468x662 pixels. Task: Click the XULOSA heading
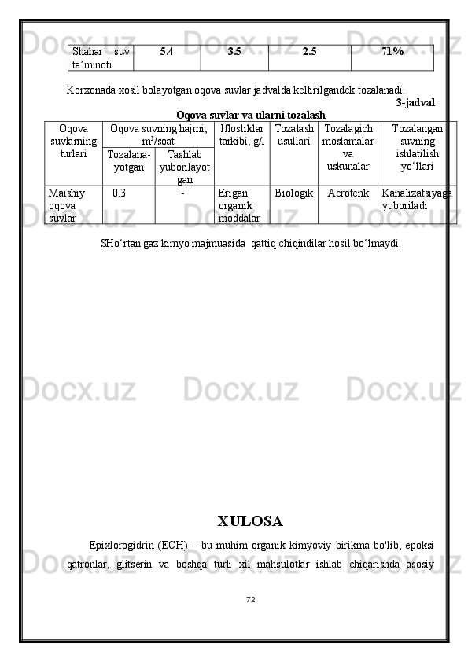point(249,521)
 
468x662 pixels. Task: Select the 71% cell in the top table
point(392,52)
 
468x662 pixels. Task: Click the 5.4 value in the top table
point(167,52)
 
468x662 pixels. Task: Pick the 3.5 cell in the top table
point(234,52)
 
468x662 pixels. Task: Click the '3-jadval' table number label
point(415,102)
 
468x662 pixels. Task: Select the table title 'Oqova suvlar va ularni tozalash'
point(251,116)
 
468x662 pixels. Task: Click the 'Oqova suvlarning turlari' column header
point(73,141)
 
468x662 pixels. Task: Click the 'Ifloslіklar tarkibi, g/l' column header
point(241,134)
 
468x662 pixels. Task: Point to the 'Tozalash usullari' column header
point(294,134)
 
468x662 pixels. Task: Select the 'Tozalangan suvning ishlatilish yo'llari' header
point(417,147)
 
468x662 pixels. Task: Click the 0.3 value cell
point(119,192)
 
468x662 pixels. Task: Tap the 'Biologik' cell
point(294,192)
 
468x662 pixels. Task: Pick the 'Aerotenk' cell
point(348,192)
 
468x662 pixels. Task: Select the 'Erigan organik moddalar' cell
point(240,204)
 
